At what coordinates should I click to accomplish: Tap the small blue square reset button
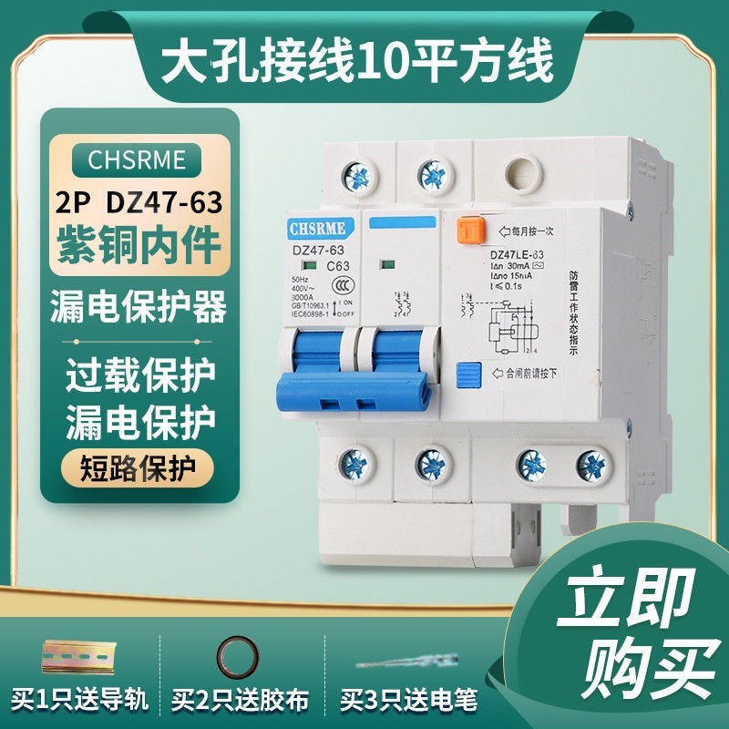(x=467, y=374)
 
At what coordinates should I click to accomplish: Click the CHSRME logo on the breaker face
(x=315, y=226)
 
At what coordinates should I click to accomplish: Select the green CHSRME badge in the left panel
(x=137, y=160)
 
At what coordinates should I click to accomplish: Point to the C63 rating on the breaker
(x=338, y=266)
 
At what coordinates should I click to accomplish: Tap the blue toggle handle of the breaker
(x=351, y=364)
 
